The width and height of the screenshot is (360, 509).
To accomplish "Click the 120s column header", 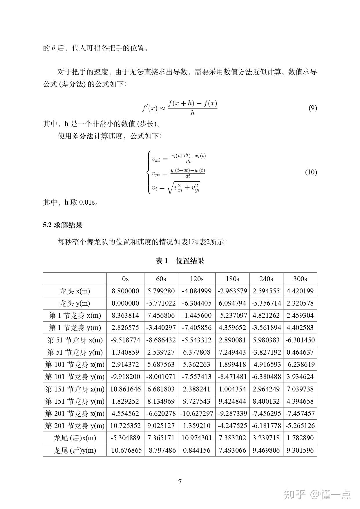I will click(197, 279).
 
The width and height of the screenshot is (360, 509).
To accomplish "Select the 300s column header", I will click(300, 279).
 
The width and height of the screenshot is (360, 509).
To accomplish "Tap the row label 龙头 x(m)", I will click(75, 291).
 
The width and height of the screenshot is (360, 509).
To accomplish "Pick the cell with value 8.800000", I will click(125, 291).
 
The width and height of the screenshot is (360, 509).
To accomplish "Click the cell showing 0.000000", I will click(125, 303).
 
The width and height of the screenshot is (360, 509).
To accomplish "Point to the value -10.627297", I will click(197, 414).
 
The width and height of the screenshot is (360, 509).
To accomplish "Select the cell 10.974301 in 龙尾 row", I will click(197, 438).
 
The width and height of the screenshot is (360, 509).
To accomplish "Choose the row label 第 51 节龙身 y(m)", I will click(75, 352).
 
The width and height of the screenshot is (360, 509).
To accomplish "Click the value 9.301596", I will click(300, 450).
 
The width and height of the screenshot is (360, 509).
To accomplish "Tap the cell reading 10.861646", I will click(125, 389).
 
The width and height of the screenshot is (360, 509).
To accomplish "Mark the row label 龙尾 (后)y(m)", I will click(75, 450).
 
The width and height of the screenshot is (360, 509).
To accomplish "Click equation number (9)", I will click(312, 108).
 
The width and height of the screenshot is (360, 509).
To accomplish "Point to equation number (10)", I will click(311, 172).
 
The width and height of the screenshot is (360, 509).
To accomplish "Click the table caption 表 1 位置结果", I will click(180, 261).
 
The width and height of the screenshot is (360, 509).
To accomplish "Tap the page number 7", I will click(180, 482).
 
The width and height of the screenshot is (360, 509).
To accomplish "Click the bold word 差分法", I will click(83, 136).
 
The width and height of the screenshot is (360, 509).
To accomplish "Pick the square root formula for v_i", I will click(176, 188).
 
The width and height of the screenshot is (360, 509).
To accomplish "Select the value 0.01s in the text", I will click(87, 202).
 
